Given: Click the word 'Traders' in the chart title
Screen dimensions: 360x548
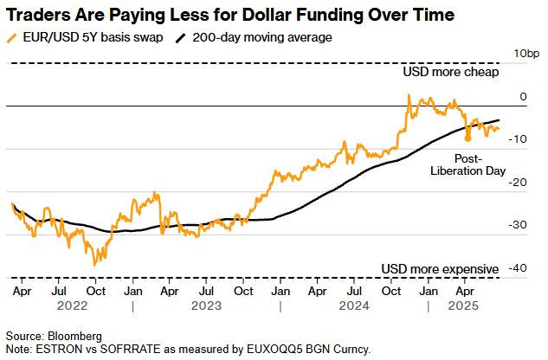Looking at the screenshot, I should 40,16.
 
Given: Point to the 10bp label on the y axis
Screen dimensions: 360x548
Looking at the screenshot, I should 526,54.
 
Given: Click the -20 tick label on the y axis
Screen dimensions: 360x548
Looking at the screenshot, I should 518,182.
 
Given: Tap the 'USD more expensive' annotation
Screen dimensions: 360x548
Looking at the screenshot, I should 441,268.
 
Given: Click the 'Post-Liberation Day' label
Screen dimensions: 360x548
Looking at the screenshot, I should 467,164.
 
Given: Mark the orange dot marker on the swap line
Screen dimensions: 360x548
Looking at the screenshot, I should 467,138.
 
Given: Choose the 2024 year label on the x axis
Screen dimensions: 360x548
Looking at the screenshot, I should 354,305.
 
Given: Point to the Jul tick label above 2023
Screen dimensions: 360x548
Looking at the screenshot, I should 207,291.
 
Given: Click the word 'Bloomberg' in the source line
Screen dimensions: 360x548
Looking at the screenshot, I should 74,336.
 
